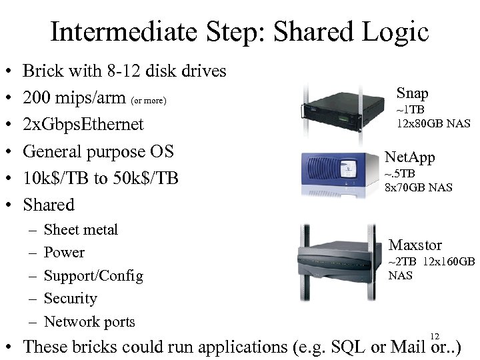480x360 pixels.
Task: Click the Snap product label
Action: click(412, 93)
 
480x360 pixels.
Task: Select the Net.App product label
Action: click(409, 157)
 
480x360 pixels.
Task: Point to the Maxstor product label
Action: click(415, 245)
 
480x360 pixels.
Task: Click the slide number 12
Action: click(435, 336)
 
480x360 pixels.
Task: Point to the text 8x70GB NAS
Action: click(418, 187)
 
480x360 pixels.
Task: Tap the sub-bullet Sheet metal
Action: click(80, 230)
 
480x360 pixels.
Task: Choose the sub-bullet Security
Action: click(70, 299)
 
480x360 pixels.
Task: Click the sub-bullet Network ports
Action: click(89, 322)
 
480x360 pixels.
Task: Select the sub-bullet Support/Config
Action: click(93, 276)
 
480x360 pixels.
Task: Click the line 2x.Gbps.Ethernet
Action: click(83, 125)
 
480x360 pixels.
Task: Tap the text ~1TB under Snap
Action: click(411, 109)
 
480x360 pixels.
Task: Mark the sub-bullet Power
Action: click(64, 253)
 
